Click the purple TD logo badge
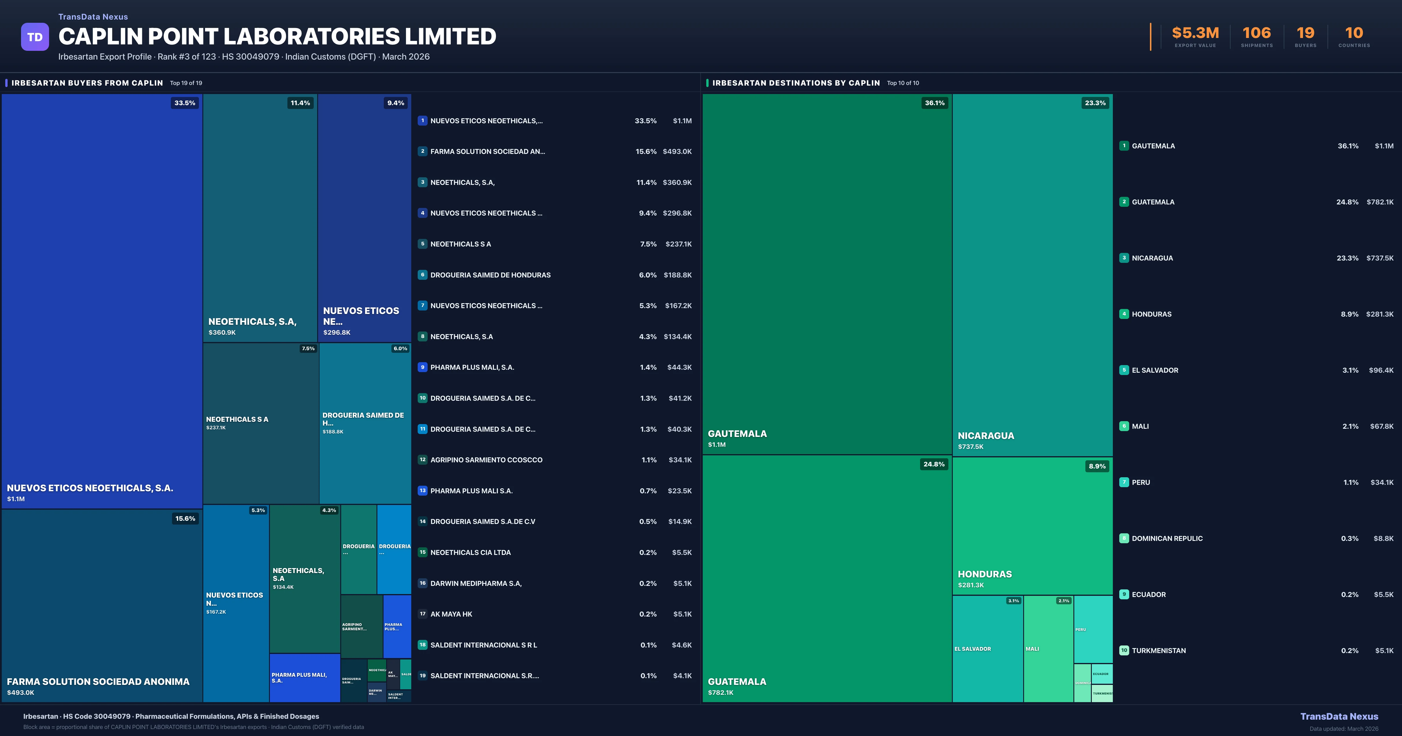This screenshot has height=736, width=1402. (35, 37)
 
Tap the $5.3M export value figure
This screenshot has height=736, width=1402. (1195, 33)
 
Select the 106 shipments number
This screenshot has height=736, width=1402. (1256, 33)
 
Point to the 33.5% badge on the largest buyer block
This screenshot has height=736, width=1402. (185, 103)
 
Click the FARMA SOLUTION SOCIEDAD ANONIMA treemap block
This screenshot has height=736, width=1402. (102, 604)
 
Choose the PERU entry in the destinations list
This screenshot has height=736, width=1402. (1141, 482)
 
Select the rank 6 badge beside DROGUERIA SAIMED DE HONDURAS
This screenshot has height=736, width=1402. (422, 275)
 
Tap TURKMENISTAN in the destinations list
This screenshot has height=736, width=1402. (1159, 650)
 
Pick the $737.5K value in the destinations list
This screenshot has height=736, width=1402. (1380, 258)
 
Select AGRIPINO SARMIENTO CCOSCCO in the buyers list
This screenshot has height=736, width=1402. (486, 460)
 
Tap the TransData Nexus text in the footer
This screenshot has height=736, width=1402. (1339, 716)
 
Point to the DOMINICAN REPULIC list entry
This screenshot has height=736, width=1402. (1167, 538)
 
